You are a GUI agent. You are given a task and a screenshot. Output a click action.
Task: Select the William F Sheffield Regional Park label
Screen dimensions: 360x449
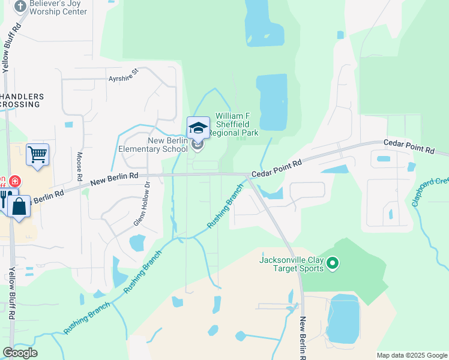(237, 124)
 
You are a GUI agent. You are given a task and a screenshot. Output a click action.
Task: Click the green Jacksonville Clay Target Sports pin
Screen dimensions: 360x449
(334, 263)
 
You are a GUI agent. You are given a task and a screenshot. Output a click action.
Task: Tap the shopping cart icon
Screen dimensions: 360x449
(37, 154)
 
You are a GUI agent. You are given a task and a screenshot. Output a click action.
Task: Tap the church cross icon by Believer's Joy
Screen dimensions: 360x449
(20, 6)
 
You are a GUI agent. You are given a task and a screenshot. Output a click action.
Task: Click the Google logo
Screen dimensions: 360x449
(20, 353)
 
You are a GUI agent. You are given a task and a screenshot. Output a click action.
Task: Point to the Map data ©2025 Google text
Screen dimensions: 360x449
(411, 355)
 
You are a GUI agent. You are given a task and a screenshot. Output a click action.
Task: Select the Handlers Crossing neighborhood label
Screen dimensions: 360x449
(22, 100)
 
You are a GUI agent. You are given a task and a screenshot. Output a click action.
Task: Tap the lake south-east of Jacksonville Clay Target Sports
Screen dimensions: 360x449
(343, 319)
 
